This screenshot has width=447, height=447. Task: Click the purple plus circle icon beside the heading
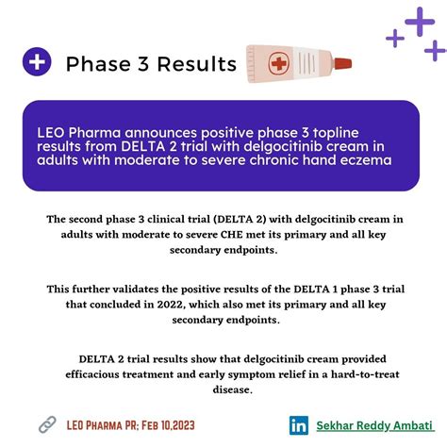tap(38, 63)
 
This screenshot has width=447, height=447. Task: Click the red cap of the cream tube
tap(344, 64)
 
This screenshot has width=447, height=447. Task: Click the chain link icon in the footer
tap(46, 424)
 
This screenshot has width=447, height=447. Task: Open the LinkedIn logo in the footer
tap(299, 425)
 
